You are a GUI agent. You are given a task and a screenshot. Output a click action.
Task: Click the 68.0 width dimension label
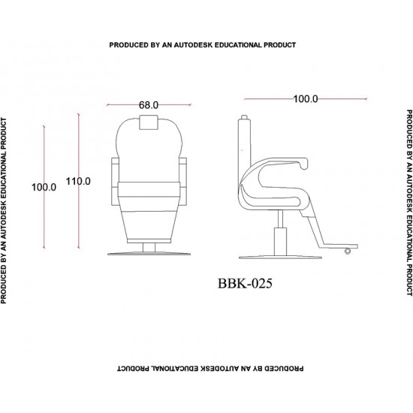point(149,105)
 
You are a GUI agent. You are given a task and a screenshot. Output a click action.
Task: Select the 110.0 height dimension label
point(78,181)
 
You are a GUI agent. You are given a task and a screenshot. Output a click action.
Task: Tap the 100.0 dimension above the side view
point(306,99)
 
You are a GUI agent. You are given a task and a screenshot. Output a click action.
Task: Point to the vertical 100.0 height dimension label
point(44,187)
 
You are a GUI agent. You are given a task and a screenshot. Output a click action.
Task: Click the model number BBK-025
point(245,284)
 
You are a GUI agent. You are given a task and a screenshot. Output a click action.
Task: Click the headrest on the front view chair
point(149,122)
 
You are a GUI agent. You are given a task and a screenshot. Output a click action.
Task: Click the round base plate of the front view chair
point(149,254)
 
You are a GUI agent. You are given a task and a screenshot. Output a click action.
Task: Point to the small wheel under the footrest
point(348,251)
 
